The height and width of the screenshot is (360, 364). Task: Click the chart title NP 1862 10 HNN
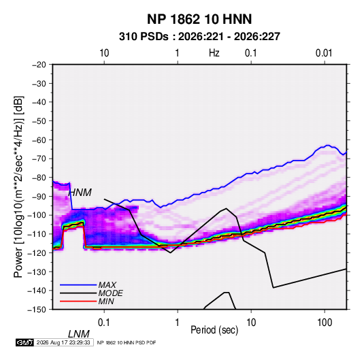point(199,19)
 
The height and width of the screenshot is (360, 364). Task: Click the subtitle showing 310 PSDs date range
point(199,37)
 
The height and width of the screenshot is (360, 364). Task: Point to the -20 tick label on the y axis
point(39,65)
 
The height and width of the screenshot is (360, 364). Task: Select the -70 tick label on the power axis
point(39,159)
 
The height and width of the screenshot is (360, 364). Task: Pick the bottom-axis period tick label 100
point(325,323)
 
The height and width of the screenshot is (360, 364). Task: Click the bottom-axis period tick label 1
point(178,323)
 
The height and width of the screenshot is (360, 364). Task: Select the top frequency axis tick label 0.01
point(324,53)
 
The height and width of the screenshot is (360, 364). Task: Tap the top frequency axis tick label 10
point(104,53)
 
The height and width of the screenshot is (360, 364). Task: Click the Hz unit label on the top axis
point(214,53)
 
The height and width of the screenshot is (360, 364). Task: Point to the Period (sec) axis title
point(214,330)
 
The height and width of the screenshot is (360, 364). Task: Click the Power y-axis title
point(18,186)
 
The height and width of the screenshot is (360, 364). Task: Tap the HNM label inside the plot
point(80,193)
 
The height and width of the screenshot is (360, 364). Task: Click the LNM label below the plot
point(78,334)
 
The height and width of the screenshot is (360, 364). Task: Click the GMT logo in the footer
point(24,342)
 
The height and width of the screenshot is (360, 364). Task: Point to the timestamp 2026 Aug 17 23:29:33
point(63,342)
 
